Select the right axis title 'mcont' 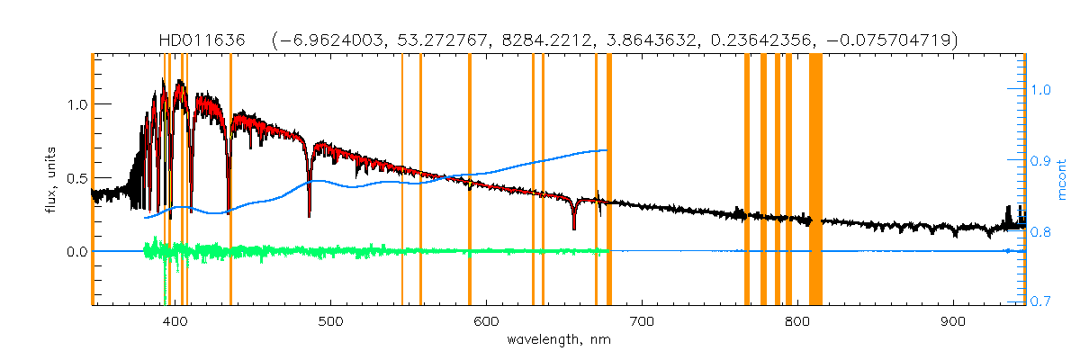coord(1062,180)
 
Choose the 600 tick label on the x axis coord(486,319)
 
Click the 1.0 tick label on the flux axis coord(76,103)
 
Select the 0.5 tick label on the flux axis coord(76,177)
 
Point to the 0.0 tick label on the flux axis coord(76,251)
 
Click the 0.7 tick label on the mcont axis coord(1041,302)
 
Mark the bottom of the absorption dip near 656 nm coord(573,229)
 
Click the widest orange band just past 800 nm coord(815,180)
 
